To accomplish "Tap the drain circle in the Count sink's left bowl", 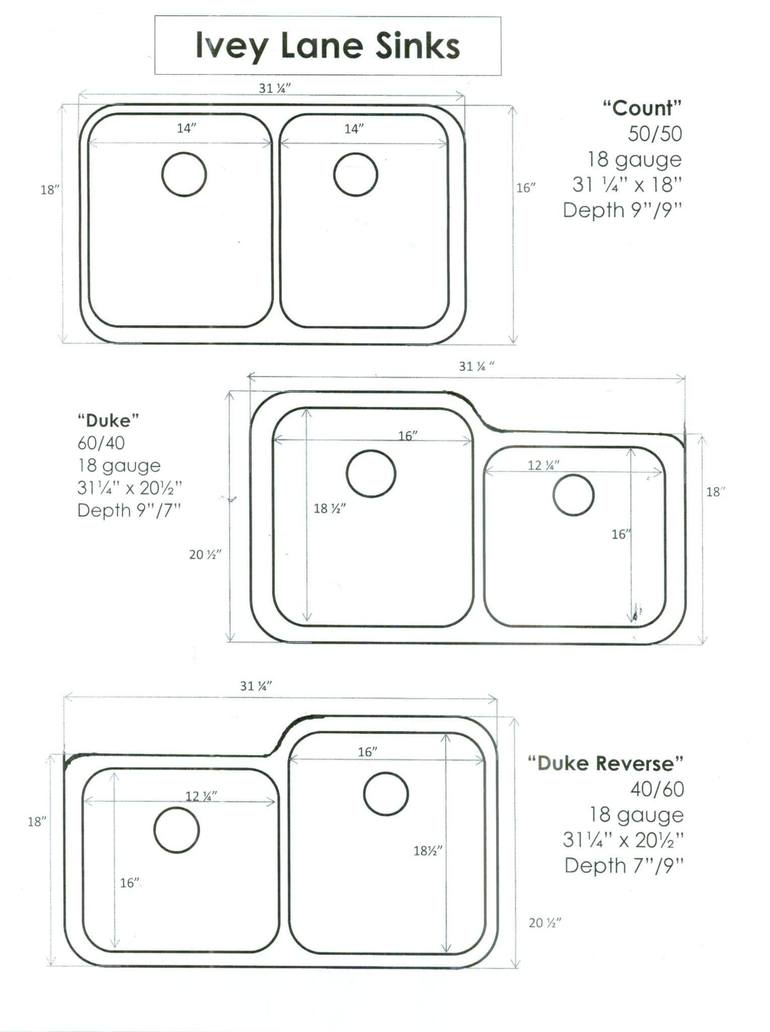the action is [x=184, y=174].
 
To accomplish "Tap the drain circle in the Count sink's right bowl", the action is [x=356, y=174].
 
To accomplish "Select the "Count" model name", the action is [x=642, y=108].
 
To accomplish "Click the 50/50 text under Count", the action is [x=655, y=134].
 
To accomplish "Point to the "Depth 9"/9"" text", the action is [x=622, y=210].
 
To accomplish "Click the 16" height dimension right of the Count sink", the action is [x=526, y=187].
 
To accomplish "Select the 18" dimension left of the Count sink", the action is [x=50, y=190].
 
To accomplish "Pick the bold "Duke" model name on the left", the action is [x=108, y=420].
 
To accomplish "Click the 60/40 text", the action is [x=101, y=443].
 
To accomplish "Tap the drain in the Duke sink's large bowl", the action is [x=371, y=474].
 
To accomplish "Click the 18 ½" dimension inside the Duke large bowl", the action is [x=330, y=508].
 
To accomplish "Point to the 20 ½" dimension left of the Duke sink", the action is [x=205, y=555].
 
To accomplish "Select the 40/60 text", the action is [x=657, y=789].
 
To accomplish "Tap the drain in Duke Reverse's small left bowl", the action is [x=176, y=830].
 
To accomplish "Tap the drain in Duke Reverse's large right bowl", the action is [x=386, y=794].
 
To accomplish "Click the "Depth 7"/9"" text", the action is [x=624, y=866].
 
